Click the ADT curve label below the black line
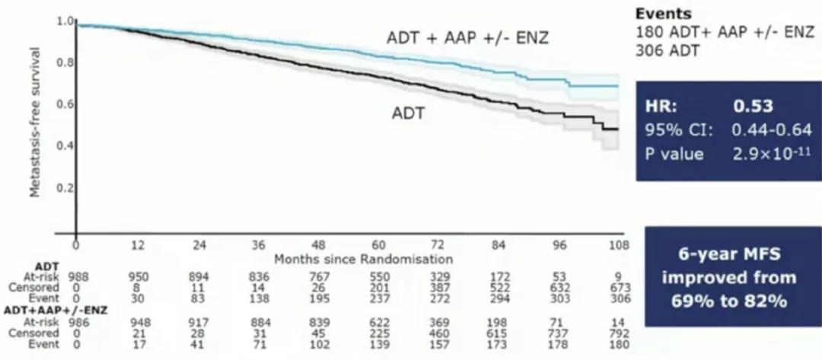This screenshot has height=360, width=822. click(408, 114)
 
